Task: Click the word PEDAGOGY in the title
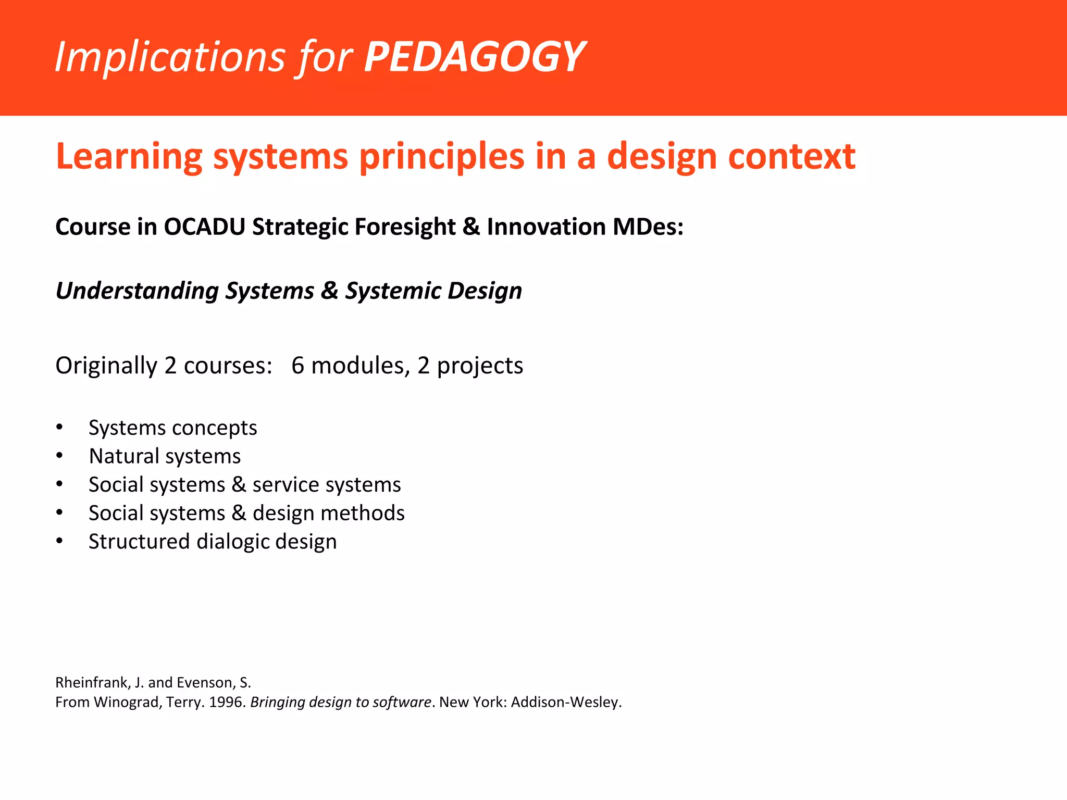pyautogui.click(x=474, y=57)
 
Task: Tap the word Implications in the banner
pyautogui.click(x=170, y=57)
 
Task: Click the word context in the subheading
pyautogui.click(x=791, y=156)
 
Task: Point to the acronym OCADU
pyautogui.click(x=204, y=227)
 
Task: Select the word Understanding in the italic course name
pyautogui.click(x=137, y=291)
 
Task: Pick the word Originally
pyautogui.click(x=106, y=366)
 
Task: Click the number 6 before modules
pyautogui.click(x=297, y=366)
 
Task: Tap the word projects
pyautogui.click(x=480, y=366)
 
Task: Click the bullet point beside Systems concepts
pyautogui.click(x=60, y=428)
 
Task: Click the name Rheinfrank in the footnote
pyautogui.click(x=91, y=682)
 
